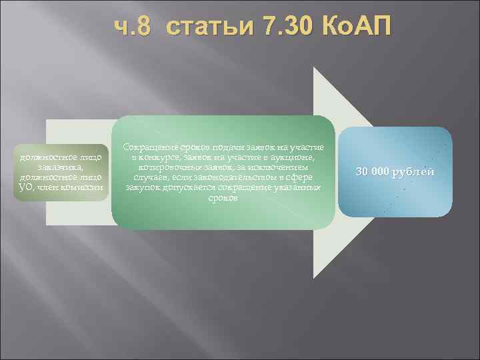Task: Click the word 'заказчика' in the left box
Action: click(x=61, y=167)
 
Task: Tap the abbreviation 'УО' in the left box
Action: click(x=21, y=186)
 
